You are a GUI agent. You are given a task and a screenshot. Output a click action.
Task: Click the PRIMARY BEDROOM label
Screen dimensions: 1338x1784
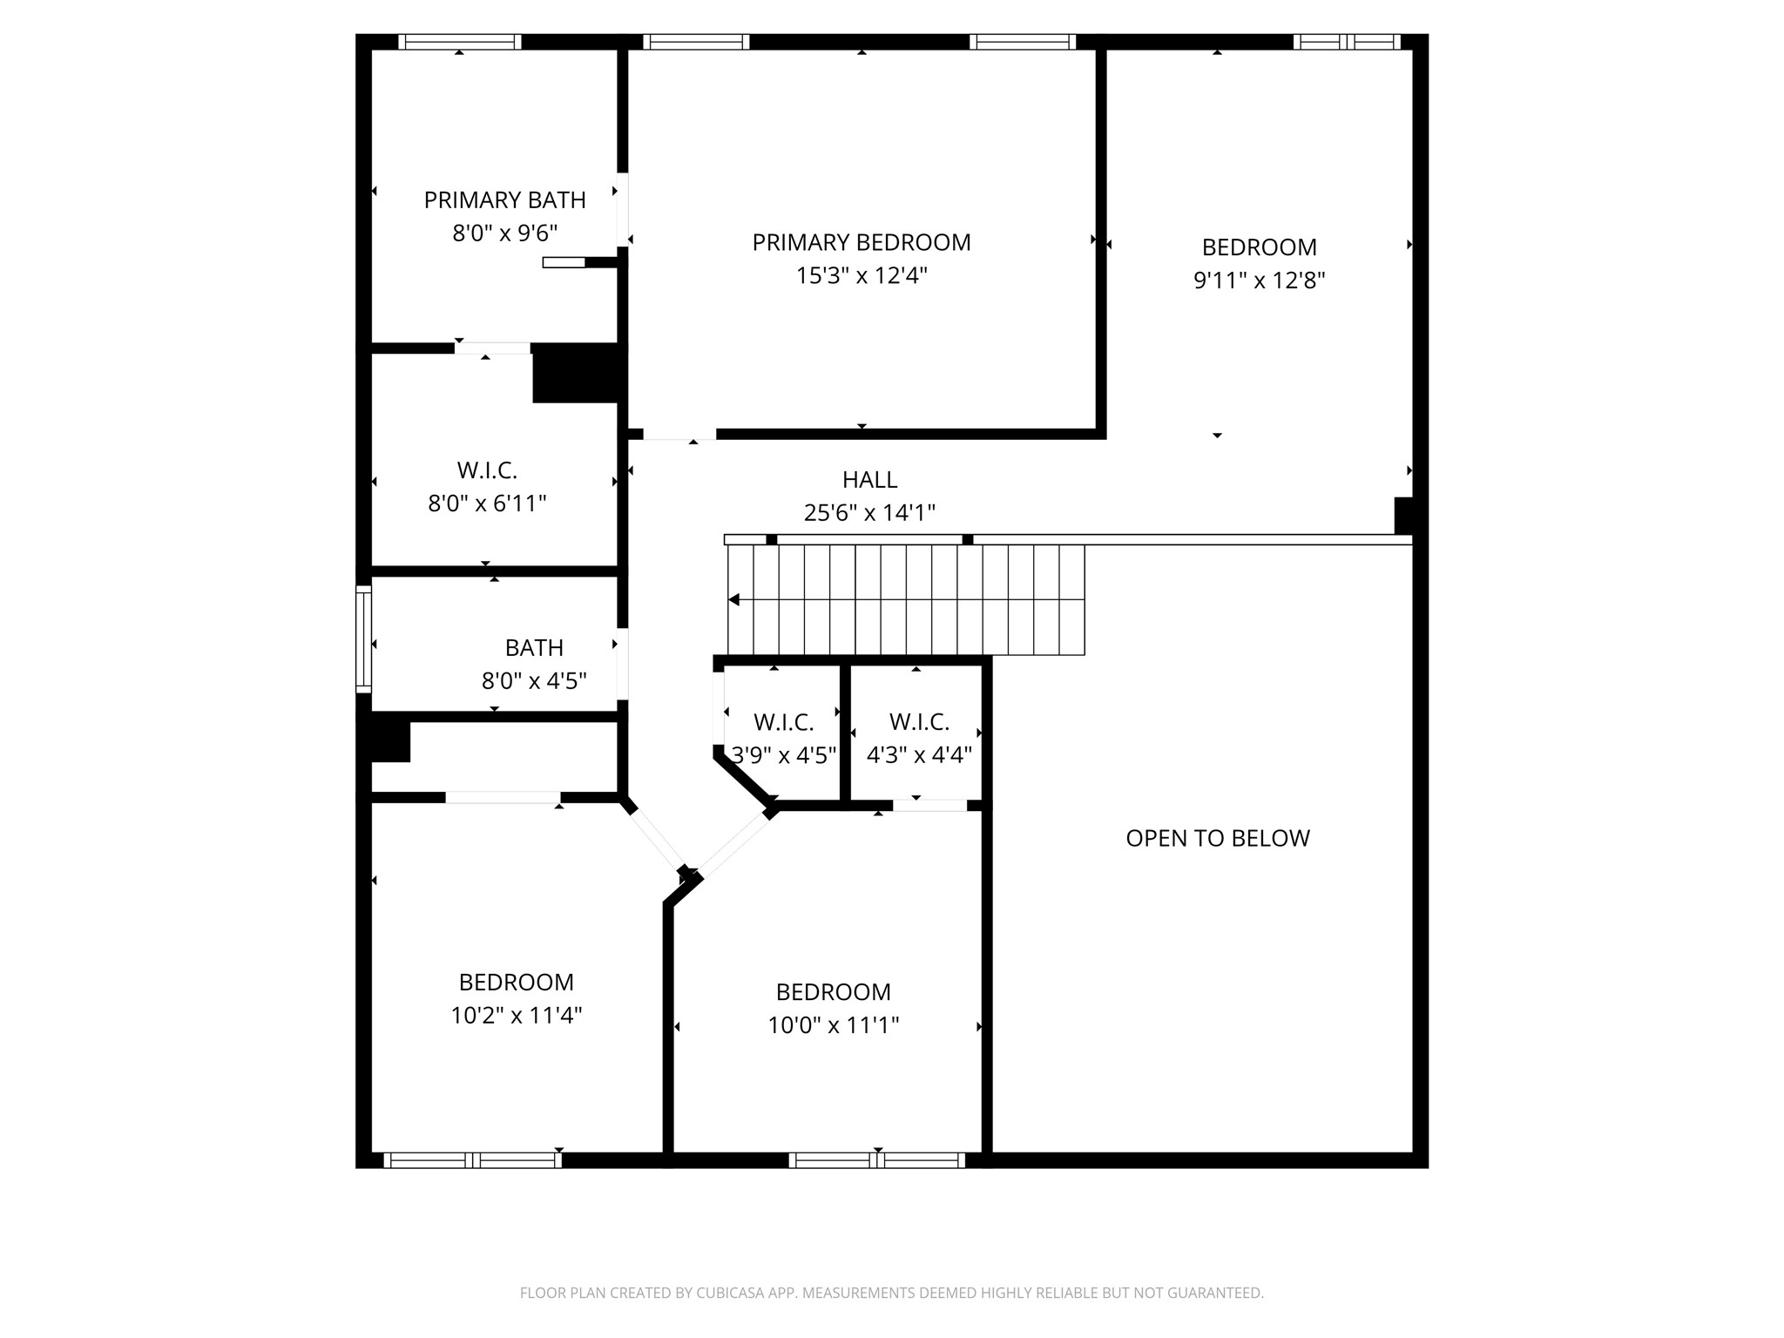(861, 242)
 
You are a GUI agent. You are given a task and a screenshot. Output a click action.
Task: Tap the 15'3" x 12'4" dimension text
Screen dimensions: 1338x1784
(861, 276)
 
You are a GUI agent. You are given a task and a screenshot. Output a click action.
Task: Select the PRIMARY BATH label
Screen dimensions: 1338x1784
(504, 200)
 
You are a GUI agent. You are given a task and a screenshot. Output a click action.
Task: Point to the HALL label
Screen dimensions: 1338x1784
(869, 480)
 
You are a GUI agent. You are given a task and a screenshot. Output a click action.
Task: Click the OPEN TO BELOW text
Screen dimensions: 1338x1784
(1217, 838)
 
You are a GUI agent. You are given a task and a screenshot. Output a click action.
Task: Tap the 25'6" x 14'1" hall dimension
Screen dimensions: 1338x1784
(869, 513)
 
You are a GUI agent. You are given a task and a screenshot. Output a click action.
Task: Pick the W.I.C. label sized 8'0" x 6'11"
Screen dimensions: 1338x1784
(487, 470)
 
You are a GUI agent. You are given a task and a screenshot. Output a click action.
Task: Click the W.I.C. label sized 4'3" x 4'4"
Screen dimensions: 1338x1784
(919, 722)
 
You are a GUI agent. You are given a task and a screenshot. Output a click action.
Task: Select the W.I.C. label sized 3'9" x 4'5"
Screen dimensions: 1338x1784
(783, 722)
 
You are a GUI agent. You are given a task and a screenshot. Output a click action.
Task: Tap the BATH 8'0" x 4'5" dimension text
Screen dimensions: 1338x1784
(534, 681)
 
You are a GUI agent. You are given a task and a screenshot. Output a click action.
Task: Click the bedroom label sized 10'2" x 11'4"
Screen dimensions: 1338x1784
(516, 983)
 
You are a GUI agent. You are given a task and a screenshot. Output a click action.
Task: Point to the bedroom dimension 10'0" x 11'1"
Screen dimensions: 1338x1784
(833, 1025)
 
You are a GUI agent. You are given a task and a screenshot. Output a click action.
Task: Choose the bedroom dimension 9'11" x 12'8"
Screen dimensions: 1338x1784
(1259, 280)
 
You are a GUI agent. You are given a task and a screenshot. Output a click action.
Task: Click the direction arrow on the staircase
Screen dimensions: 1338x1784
(734, 599)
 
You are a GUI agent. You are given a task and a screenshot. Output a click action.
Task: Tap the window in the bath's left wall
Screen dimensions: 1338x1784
(363, 639)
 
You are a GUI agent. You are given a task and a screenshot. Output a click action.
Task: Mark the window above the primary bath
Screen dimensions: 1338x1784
(459, 41)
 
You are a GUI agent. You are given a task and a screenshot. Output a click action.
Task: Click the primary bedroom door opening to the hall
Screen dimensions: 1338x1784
(679, 435)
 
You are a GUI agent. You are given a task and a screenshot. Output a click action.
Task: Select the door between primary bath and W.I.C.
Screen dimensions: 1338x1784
(492, 348)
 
